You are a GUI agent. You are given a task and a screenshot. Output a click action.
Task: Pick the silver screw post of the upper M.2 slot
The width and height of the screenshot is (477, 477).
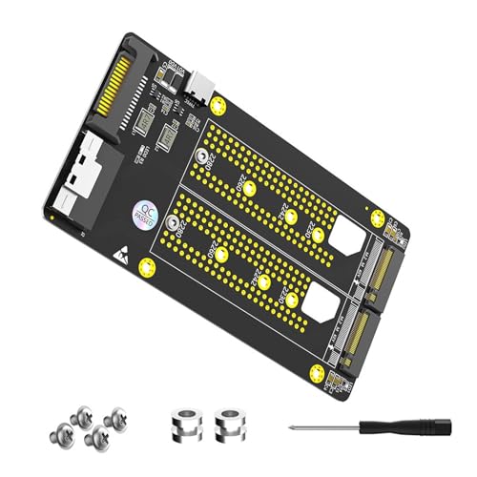coord(202,162)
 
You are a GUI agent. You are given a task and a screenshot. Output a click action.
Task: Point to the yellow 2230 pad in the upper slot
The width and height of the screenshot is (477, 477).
coord(318,233)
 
